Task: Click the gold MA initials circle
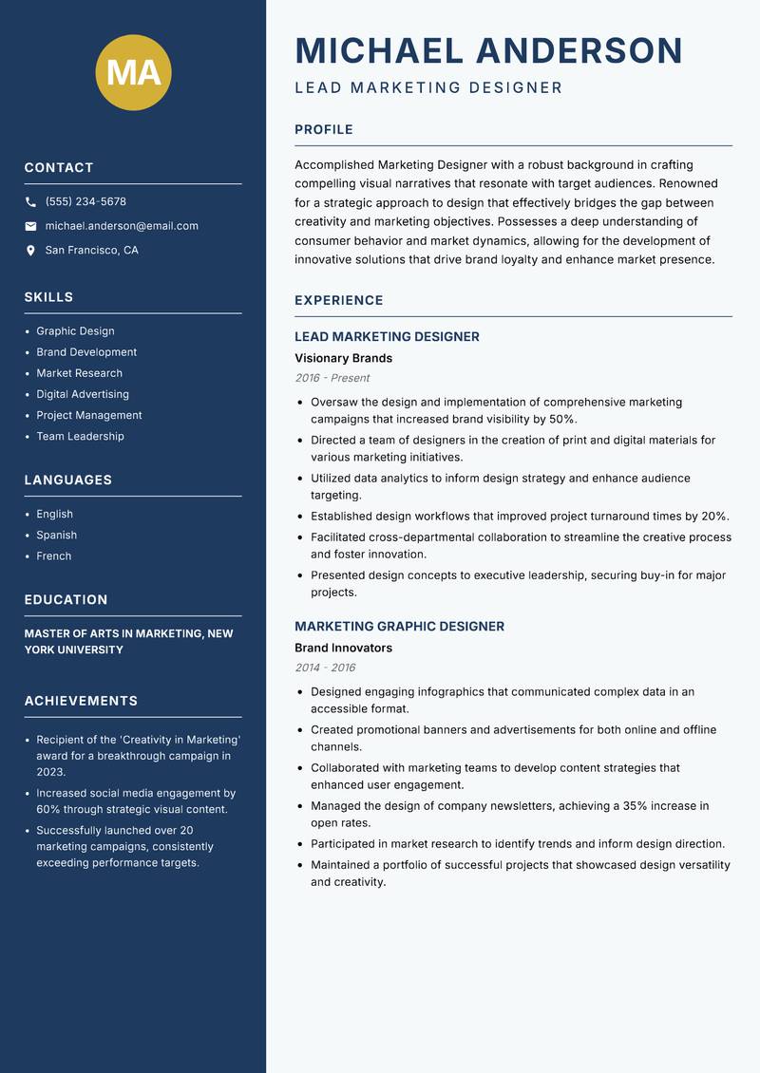click(x=134, y=72)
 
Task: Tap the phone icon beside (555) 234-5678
click(x=30, y=202)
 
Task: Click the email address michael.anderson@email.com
click(x=122, y=226)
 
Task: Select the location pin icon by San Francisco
click(x=30, y=251)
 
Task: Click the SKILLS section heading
click(x=48, y=297)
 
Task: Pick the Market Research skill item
click(x=79, y=373)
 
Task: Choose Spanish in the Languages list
click(x=56, y=536)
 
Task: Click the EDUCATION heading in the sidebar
click(x=66, y=600)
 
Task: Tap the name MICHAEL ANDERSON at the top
click(x=489, y=50)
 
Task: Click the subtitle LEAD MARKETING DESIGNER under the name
click(x=428, y=88)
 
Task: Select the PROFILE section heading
click(x=323, y=130)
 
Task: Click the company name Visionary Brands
click(x=343, y=359)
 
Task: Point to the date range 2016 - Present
click(x=332, y=378)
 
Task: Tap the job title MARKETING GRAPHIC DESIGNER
click(x=399, y=627)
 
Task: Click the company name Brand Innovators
click(x=343, y=649)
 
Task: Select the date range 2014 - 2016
click(x=325, y=668)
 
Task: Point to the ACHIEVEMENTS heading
click(x=81, y=701)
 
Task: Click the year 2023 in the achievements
click(x=50, y=772)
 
